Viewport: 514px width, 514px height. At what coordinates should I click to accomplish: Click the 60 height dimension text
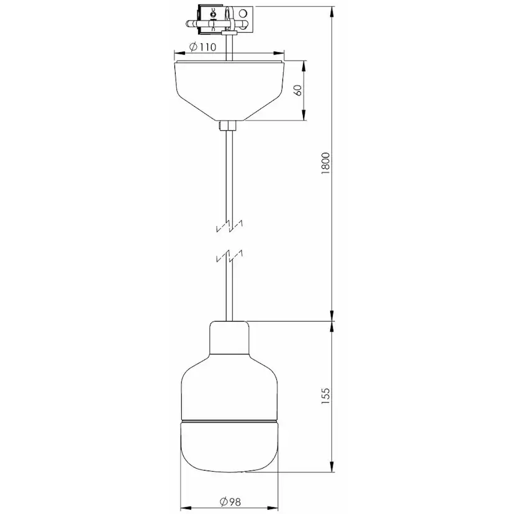[299, 90]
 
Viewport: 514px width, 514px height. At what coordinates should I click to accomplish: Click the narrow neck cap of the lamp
[230, 338]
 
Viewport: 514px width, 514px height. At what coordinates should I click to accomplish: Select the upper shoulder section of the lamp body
[230, 388]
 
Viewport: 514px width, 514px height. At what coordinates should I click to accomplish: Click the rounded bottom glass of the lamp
[230, 447]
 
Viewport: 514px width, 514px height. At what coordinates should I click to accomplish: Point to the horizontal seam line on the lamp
[230, 421]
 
